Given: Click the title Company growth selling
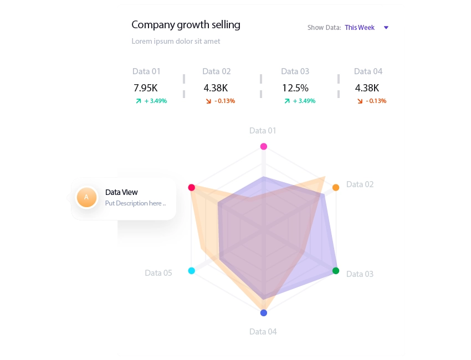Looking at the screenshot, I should pyautogui.click(x=186, y=25).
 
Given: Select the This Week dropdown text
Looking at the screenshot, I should pyautogui.click(x=360, y=28).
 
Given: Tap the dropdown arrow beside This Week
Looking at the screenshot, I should pyautogui.click(x=386, y=28).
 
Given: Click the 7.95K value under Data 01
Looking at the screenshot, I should pyautogui.click(x=146, y=88).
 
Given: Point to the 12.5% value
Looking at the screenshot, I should pyautogui.click(x=295, y=88).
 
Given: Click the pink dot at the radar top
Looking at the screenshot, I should pyautogui.click(x=264, y=147).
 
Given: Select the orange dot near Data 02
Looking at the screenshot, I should pyautogui.click(x=336, y=188).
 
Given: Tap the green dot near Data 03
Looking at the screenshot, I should pyautogui.click(x=336, y=271).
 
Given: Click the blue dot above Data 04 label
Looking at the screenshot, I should pyautogui.click(x=264, y=313).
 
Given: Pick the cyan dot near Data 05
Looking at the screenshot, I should pyautogui.click(x=192, y=271).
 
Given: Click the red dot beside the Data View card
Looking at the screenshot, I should pyautogui.click(x=192, y=188).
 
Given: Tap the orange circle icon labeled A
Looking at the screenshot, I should pyautogui.click(x=86, y=197).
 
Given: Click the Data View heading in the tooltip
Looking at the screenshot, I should pyautogui.click(x=121, y=192).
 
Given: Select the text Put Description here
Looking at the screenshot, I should pyautogui.click(x=135, y=203).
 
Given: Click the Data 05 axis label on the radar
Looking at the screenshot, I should pyautogui.click(x=158, y=273).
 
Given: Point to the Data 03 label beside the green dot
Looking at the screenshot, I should pyautogui.click(x=360, y=274).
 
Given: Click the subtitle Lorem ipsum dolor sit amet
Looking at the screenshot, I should pyautogui.click(x=176, y=42).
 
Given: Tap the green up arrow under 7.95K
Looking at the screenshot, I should pyautogui.click(x=139, y=101).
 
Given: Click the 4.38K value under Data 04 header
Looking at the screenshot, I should pyautogui.click(x=367, y=88).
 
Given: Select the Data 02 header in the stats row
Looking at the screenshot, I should pyautogui.click(x=216, y=71).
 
